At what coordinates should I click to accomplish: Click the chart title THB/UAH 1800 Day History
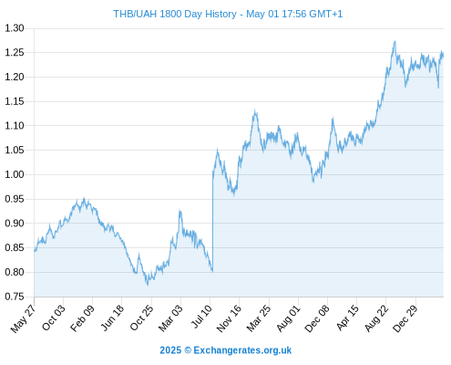(175, 14)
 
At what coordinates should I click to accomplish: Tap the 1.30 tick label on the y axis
(15, 28)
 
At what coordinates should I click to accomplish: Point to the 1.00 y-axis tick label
(15, 174)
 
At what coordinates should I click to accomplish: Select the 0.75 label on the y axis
(15, 297)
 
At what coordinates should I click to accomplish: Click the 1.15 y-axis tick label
(15, 101)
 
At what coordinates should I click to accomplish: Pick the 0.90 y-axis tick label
(15, 224)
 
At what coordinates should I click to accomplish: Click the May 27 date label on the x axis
(23, 318)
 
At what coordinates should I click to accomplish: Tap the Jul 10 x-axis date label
(201, 317)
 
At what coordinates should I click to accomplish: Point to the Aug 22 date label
(376, 318)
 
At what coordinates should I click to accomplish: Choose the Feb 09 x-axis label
(82, 318)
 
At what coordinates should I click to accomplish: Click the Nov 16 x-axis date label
(229, 318)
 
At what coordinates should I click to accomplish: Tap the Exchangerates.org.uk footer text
(242, 350)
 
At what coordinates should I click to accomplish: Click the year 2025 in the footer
(170, 350)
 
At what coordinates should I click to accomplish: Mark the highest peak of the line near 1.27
(395, 41)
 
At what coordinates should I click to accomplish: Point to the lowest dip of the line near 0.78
(148, 285)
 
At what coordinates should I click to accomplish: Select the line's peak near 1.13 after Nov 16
(255, 111)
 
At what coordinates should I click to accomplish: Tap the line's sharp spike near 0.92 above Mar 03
(180, 211)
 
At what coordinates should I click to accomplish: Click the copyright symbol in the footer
(188, 350)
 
